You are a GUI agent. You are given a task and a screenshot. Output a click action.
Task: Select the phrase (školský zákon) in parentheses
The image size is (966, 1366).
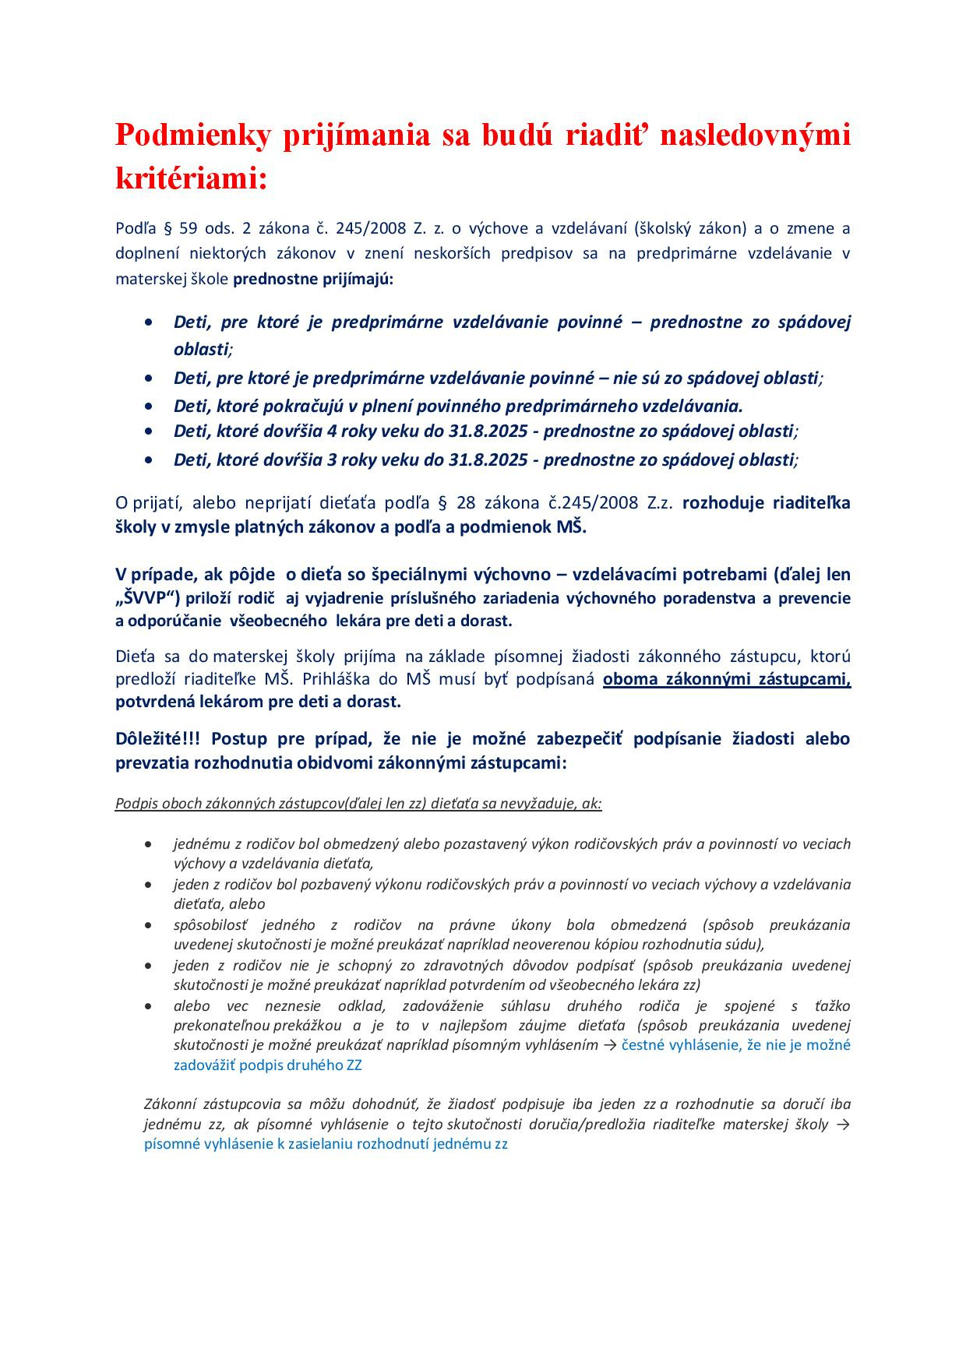coord(690,228)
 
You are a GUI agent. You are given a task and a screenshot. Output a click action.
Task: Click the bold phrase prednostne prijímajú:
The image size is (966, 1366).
coord(313,278)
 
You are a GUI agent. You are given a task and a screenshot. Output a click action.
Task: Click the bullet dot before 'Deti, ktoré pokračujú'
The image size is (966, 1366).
coord(149,406)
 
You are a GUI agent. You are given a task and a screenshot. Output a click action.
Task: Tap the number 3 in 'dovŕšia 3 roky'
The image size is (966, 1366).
coord(332,459)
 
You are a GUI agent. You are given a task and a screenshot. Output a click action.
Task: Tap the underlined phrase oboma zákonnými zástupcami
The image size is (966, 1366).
coord(726,678)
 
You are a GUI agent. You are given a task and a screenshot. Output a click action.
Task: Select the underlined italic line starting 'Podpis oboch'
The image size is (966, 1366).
coord(358,803)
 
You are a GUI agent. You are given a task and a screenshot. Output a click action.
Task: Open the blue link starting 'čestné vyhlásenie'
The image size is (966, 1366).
coord(735,1045)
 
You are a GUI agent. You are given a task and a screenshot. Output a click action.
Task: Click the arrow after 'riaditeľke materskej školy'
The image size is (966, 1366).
coord(843,1125)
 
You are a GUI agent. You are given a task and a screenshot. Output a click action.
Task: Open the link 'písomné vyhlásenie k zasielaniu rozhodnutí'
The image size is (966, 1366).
coord(326,1145)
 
